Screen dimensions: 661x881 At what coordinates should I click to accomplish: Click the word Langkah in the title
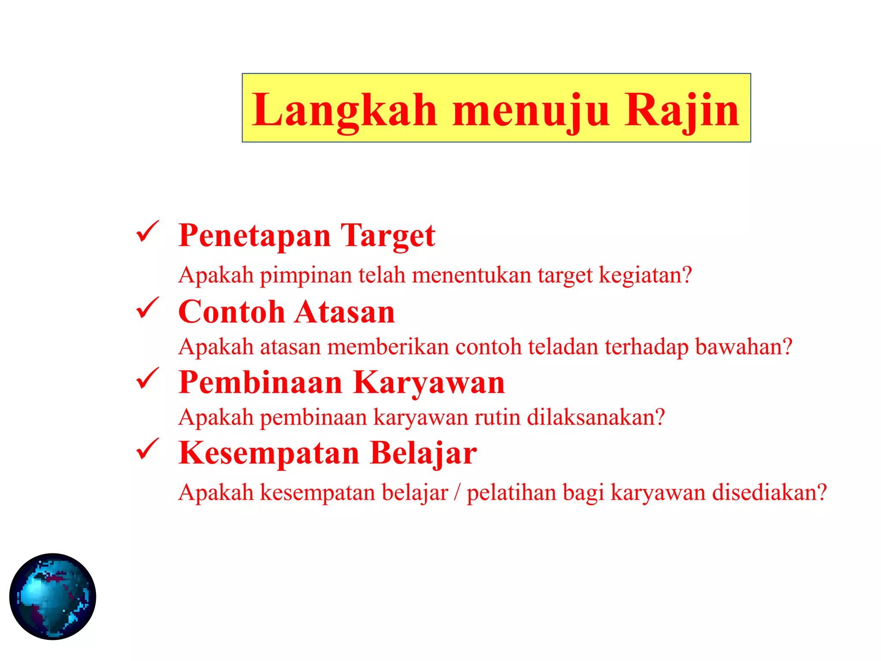(345, 111)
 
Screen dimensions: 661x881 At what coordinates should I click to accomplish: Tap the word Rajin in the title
(682, 110)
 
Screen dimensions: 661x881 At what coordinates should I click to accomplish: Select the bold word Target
(388, 236)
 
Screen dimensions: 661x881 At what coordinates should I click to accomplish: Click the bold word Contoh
(231, 312)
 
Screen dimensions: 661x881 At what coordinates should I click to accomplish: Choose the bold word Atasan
(345, 312)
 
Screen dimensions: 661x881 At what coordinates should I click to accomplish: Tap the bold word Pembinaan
(260, 383)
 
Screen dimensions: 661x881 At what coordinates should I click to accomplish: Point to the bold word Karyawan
(429, 383)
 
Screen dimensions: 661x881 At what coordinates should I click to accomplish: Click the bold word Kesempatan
(269, 453)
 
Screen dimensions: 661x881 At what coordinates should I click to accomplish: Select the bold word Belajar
(423, 453)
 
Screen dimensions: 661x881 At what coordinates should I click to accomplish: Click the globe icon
(52, 596)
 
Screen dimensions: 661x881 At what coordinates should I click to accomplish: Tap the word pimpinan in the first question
(306, 275)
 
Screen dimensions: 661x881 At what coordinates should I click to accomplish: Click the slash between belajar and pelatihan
(457, 493)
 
